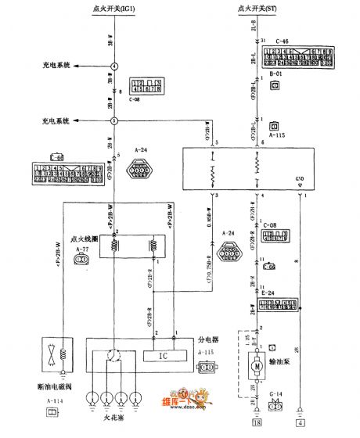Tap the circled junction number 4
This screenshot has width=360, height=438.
[114, 66]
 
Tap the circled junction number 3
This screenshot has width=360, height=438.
[114, 121]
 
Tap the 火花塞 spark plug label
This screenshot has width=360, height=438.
[115, 427]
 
